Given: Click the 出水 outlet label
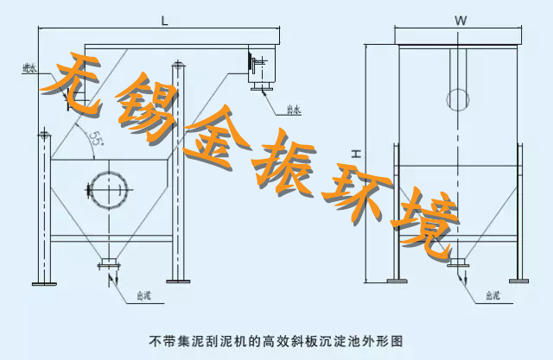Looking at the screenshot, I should tap(293, 110).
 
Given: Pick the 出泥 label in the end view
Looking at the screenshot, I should tap(492, 295).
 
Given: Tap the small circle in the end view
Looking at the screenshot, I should tap(458, 97).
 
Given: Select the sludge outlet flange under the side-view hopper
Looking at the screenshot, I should tap(109, 261).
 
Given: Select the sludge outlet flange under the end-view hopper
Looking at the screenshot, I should tap(459, 261).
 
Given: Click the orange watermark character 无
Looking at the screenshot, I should tap(82, 85).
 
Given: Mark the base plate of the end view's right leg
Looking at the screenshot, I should tap(520, 281).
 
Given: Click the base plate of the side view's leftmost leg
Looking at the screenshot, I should tap(41, 282).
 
